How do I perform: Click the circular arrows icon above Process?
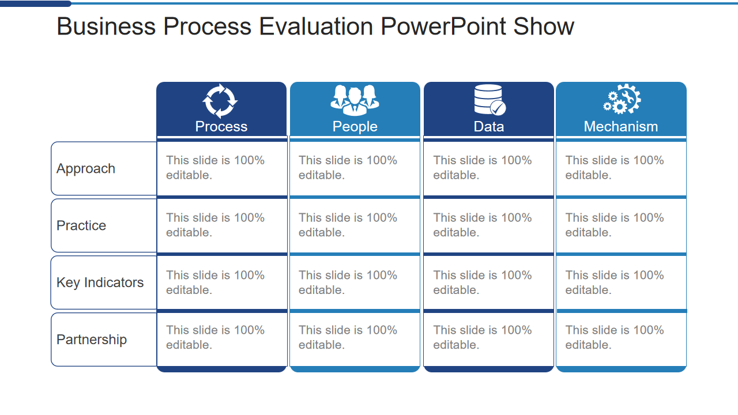pos(220,101)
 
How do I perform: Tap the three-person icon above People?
pos(355,100)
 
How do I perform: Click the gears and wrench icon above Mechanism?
pos(622,100)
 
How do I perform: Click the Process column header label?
pos(221,127)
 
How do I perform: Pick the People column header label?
pos(355,127)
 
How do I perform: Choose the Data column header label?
pos(489,127)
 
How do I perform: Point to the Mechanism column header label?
pos(621,127)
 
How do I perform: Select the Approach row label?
pos(86,169)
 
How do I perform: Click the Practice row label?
pos(81,226)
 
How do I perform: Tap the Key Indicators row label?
pos(100,283)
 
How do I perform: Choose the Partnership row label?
pos(92,340)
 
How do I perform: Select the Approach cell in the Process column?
pos(221,168)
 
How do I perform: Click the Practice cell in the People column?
pos(355,225)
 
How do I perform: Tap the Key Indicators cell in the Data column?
pos(488,282)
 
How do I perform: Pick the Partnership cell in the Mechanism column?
pos(621,338)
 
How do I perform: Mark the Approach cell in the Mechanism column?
pos(621,168)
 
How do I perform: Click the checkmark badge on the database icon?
pos(498,108)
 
